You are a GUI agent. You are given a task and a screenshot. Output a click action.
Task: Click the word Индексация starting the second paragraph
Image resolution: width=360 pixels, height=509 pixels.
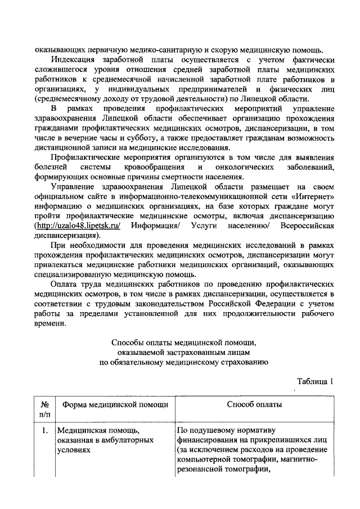coord(75,60)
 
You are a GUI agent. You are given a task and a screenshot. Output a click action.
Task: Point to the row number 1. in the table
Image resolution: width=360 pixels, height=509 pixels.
coord(44,431)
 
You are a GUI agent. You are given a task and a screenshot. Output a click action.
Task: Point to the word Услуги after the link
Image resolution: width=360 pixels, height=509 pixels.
coord(208,226)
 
